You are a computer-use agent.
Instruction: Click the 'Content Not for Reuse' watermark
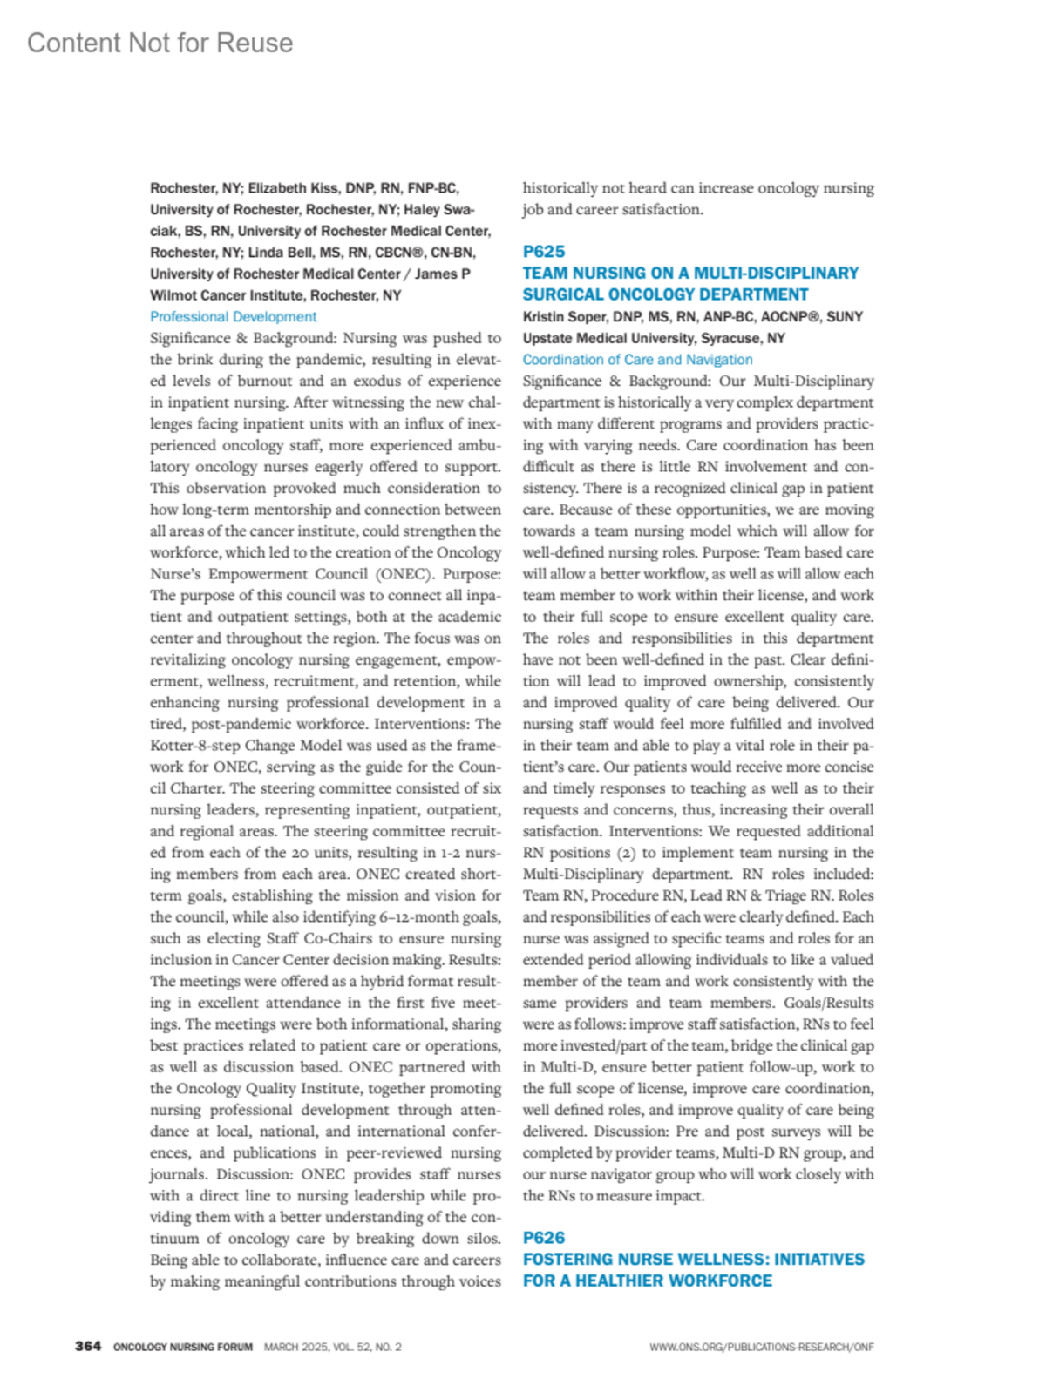click(160, 43)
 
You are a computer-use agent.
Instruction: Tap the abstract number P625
click(544, 252)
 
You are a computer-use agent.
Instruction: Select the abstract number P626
click(544, 1238)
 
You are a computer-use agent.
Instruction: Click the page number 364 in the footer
click(88, 1347)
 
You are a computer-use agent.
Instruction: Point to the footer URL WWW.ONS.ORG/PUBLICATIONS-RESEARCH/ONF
click(761, 1347)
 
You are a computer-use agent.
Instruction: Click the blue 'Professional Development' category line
click(233, 317)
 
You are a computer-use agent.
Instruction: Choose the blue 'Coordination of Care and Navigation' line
click(637, 360)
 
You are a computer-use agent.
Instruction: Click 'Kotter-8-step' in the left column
click(199, 746)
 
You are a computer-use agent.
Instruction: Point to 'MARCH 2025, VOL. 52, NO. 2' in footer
click(333, 1347)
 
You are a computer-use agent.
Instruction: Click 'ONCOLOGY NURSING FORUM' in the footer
click(183, 1347)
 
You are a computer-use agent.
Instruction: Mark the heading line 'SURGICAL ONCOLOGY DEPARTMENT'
click(665, 294)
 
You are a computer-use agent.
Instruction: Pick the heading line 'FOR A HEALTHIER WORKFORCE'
click(647, 1281)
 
